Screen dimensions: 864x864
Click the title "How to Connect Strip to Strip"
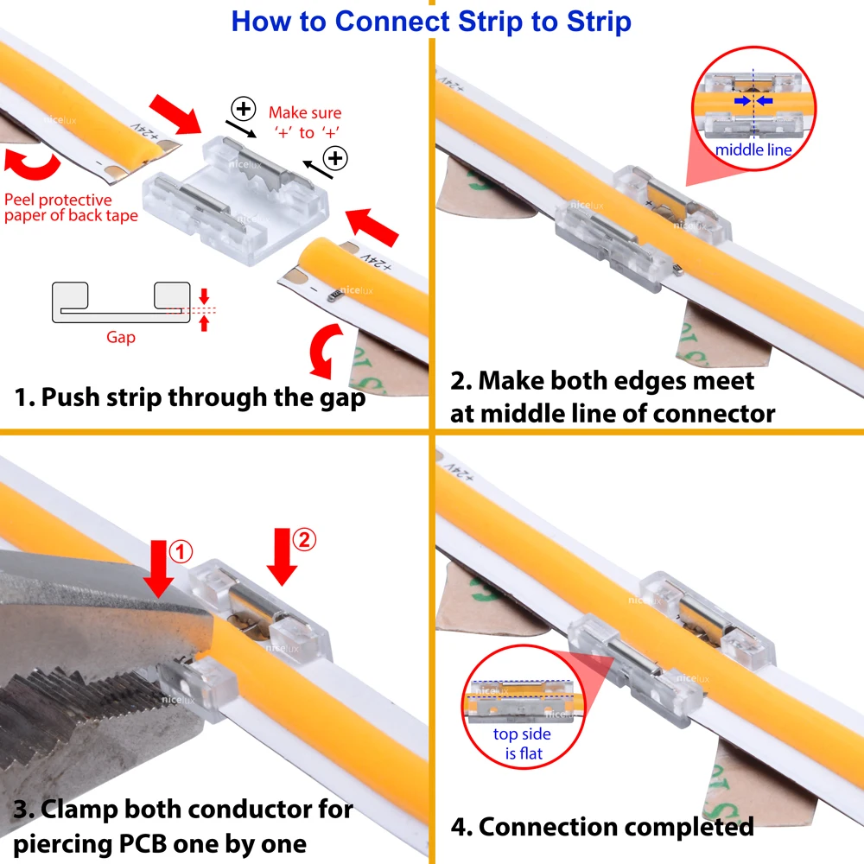[x=431, y=21]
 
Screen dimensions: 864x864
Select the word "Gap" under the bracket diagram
[x=121, y=337]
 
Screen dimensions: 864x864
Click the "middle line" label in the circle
[x=753, y=149]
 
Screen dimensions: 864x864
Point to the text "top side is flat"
[x=522, y=743]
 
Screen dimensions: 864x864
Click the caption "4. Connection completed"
[x=602, y=826]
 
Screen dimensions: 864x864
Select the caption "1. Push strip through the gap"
[x=190, y=397]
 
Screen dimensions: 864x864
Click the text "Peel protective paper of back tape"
[x=70, y=208]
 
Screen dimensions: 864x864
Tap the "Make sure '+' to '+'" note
[x=304, y=122]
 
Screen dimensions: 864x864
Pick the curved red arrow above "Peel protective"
[x=33, y=163]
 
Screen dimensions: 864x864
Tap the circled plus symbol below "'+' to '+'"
[x=334, y=158]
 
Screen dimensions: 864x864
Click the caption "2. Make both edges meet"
[x=602, y=380]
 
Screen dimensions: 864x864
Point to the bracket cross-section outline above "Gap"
[x=121, y=302]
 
